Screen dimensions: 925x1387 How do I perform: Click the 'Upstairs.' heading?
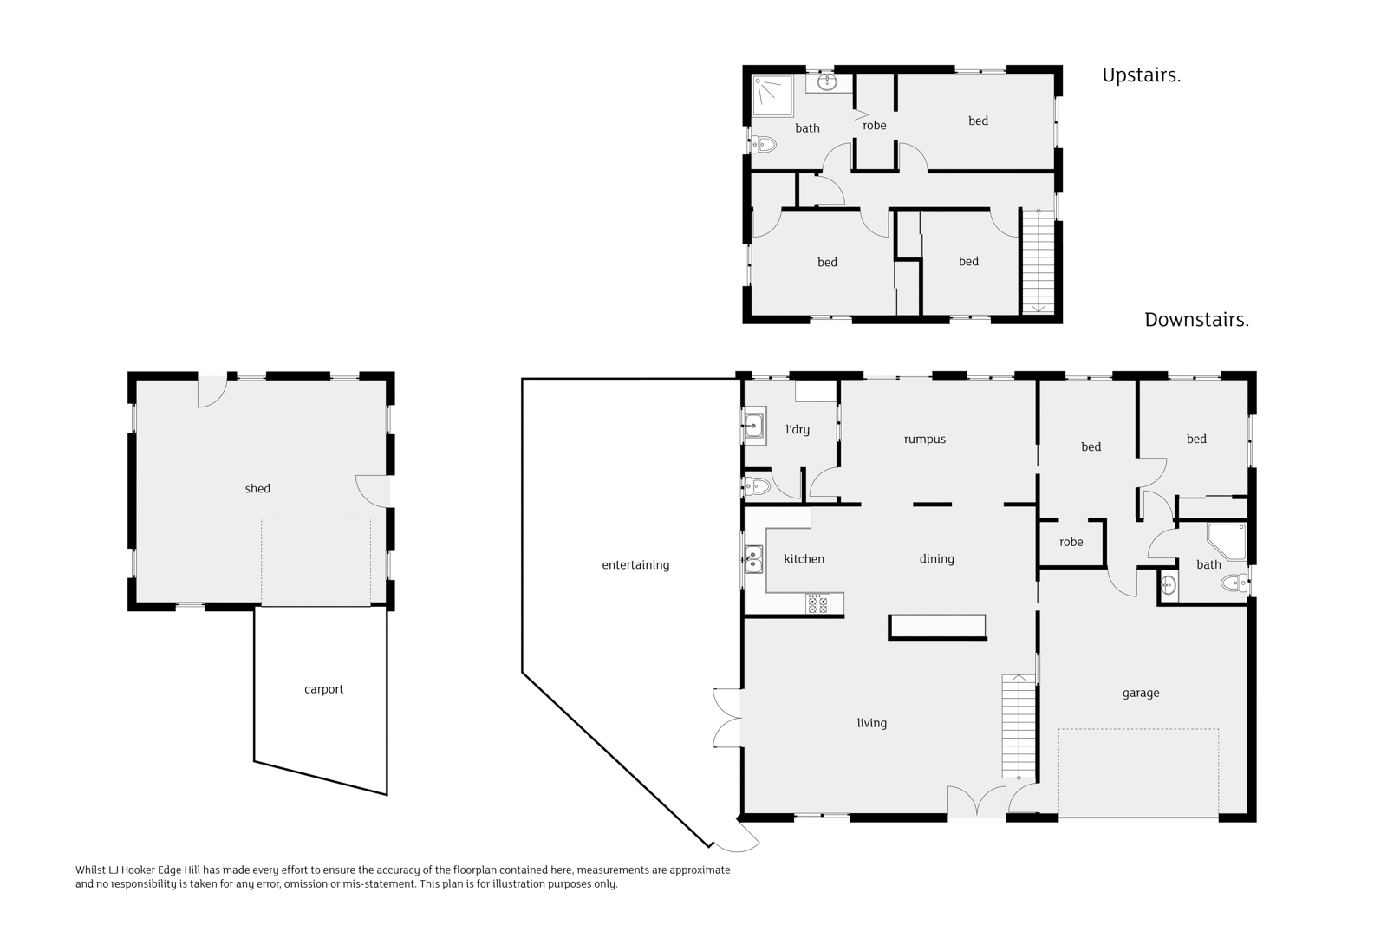pos(1141,75)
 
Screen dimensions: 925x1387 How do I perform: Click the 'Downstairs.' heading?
pos(1196,320)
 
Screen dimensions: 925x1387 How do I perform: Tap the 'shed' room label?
pos(257,489)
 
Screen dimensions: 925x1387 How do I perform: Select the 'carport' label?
pos(323,689)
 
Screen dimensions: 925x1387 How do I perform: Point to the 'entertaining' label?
pos(635,565)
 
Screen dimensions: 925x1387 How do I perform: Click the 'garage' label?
pos(1140,693)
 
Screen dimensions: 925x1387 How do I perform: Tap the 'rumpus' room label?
pos(924,440)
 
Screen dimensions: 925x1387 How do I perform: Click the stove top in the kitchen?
pos(817,604)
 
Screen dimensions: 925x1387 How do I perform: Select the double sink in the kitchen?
pos(752,560)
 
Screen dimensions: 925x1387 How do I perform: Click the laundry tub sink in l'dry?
pos(753,427)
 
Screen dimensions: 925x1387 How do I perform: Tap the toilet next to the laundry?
pos(757,486)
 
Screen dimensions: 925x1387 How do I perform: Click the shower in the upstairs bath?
pos(772,95)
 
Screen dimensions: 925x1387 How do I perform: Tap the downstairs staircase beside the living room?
pos(1019,726)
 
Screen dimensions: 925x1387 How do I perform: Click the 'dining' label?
pos(936,559)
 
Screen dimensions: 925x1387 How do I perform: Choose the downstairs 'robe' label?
pos(1071,543)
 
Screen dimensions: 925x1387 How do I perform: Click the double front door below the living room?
pos(977,802)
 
